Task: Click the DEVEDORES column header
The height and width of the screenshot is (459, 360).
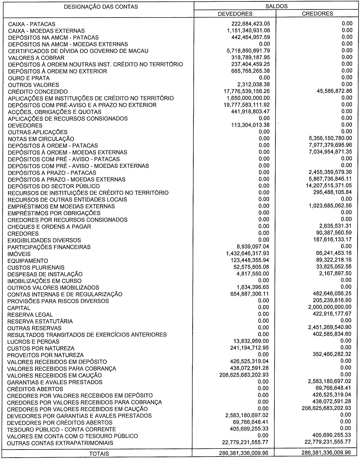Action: pyautogui.click(x=235, y=14)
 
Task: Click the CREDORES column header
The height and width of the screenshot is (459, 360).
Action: pyautogui.click(x=318, y=14)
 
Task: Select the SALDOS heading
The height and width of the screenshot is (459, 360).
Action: pyautogui.click(x=276, y=6)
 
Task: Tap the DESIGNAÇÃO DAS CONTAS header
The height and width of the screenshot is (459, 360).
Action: pyautogui.click(x=98, y=7)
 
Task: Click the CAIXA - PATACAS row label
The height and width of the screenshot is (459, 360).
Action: pyautogui.click(x=32, y=24)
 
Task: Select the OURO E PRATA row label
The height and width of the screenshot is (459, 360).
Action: pyautogui.click(x=29, y=78)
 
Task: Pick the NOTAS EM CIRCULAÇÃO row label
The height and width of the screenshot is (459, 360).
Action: pyautogui.click(x=41, y=139)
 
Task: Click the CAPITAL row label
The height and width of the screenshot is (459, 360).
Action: pyautogui.click(x=19, y=308)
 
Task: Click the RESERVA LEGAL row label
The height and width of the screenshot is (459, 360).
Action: pyautogui.click(x=30, y=315)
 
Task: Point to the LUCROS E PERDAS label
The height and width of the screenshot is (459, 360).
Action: pyautogui.click(x=33, y=342)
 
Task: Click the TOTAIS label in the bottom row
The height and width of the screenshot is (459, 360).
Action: pyautogui.click(x=99, y=454)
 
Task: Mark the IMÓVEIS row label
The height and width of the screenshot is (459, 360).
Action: pyautogui.click(x=19, y=254)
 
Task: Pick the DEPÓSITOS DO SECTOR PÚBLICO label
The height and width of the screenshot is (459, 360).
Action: pyautogui.click(x=54, y=186)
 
